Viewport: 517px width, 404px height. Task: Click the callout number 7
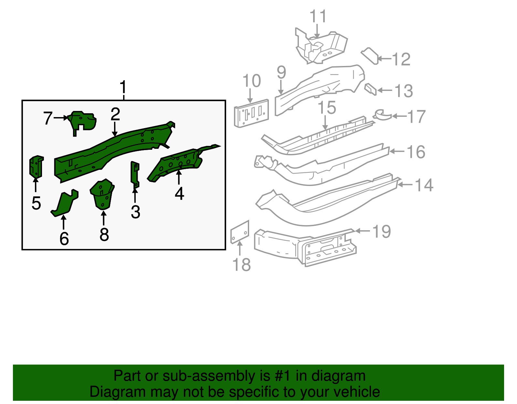coord(48,118)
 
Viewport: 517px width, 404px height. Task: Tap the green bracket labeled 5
coord(36,167)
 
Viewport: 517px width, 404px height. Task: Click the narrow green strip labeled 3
coord(135,175)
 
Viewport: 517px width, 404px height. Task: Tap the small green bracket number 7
coord(82,121)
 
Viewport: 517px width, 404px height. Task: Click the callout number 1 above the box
coord(123,87)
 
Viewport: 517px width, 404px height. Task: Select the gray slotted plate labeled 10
coord(252,113)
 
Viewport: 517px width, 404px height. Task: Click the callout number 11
coord(318,16)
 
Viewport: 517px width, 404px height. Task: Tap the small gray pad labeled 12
coord(370,56)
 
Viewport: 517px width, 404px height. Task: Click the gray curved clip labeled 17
coord(382,115)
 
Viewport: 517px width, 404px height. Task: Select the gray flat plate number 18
coord(240,232)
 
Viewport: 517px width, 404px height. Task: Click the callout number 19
coord(382,232)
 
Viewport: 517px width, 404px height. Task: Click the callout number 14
coord(424,185)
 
